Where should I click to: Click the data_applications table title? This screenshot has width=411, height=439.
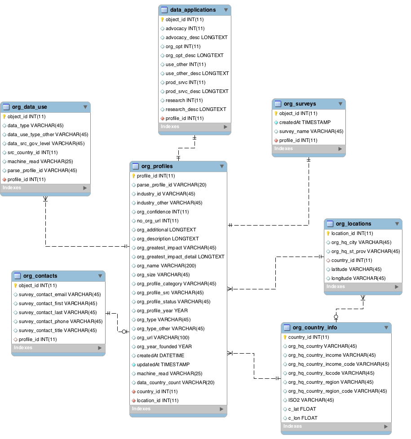(193, 10)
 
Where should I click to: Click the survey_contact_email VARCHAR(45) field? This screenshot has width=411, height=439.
(59, 294)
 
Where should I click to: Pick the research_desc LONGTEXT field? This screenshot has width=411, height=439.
(196, 109)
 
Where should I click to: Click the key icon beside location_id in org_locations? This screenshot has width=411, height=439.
(328, 233)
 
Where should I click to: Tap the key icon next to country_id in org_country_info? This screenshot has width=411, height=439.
(285, 337)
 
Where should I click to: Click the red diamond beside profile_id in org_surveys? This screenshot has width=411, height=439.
(276, 140)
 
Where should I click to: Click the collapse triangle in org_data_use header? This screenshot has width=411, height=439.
(85, 107)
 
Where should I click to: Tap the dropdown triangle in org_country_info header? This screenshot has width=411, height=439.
(386, 328)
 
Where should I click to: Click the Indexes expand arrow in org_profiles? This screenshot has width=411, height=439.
(221, 409)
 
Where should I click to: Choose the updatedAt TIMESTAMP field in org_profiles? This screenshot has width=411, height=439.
(163, 364)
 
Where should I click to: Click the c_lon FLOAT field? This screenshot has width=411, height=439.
(303, 418)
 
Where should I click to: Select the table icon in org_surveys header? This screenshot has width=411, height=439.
(278, 104)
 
